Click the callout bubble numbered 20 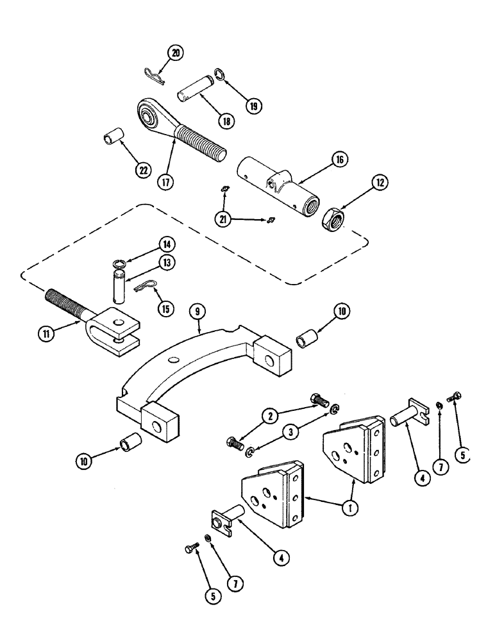click(174, 54)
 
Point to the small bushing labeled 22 click(113, 140)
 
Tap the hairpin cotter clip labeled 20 click(153, 74)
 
